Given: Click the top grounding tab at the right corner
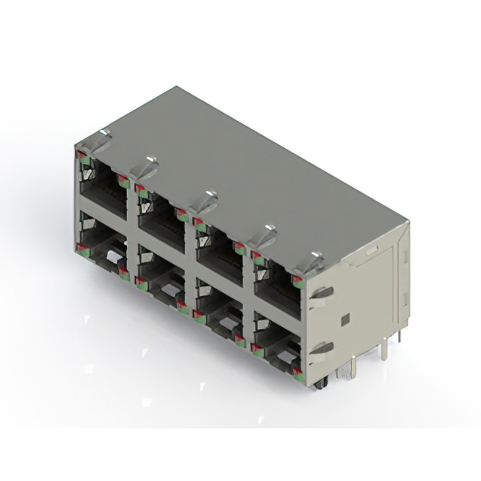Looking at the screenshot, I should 314,260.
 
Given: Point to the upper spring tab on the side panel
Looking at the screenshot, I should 321,292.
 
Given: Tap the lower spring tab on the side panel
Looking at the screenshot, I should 322,348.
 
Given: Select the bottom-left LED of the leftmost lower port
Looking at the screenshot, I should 79,247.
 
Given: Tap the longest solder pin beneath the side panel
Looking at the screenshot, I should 384,350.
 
